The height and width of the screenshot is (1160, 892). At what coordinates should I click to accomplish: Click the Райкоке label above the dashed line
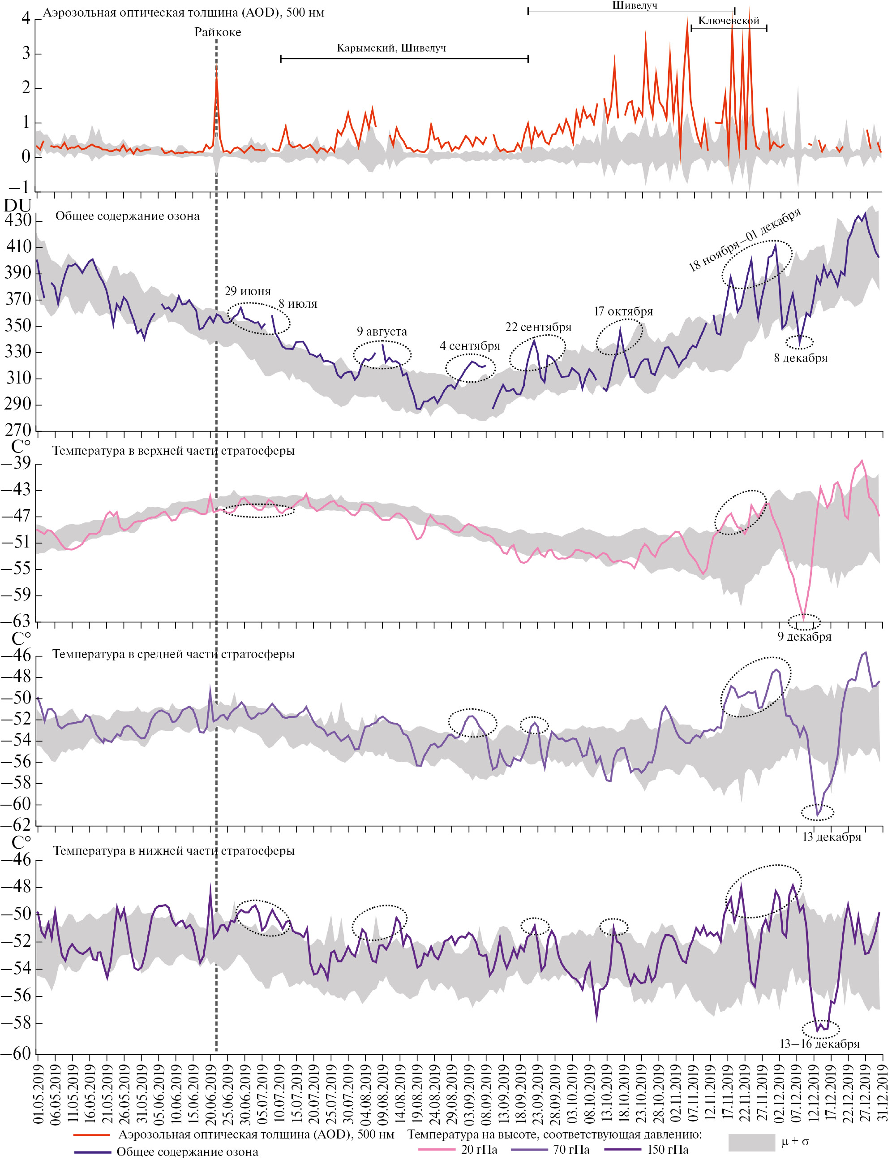pos(218,32)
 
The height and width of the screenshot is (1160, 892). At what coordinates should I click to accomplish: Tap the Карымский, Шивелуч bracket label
pos(391,48)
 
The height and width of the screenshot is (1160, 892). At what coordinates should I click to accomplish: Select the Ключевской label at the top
pos(729,21)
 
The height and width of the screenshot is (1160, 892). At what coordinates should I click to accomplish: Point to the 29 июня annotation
pos(248,291)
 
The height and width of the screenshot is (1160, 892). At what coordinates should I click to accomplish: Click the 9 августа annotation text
pos(382,332)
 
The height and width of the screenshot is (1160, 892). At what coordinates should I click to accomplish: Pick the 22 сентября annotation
pos(538,327)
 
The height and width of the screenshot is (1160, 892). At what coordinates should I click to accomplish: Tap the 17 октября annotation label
pos(623,311)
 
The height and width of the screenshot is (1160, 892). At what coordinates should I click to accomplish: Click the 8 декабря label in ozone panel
pos(800,358)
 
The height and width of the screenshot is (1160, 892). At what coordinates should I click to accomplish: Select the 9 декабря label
pos(804,636)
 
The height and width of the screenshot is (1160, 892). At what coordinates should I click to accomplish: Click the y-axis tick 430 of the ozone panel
pos(19,220)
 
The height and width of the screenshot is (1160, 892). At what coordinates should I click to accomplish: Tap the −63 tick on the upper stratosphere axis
pos(16,621)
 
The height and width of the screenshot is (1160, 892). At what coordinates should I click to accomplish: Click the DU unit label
pos(17,206)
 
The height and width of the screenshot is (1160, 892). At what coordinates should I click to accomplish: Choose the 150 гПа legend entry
pos(667,1150)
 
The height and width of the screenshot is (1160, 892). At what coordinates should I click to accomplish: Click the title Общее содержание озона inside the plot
pos(128,216)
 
